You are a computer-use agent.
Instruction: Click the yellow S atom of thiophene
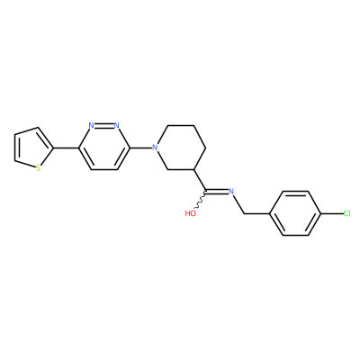point(38,168)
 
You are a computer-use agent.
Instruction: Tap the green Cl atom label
point(346,213)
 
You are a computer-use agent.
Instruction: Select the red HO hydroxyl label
point(191,213)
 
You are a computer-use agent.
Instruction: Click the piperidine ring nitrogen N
point(155,148)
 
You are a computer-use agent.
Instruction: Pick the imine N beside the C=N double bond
point(231,191)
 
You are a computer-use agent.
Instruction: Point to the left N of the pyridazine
point(92,125)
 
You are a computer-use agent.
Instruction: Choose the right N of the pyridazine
point(117,125)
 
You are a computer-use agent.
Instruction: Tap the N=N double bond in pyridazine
point(104,125)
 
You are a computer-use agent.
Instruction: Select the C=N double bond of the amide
point(217,191)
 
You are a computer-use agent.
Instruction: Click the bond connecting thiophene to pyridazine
point(66,148)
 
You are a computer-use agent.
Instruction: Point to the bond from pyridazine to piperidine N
point(140,148)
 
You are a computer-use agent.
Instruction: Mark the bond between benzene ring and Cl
point(332,213)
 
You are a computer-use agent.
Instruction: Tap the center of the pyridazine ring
point(104,148)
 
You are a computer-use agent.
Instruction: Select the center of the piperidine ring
point(181,148)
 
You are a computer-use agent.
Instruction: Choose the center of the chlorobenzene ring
point(295,213)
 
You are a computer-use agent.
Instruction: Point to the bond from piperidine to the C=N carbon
point(200,180)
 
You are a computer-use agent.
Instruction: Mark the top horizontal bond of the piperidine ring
point(181,125)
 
